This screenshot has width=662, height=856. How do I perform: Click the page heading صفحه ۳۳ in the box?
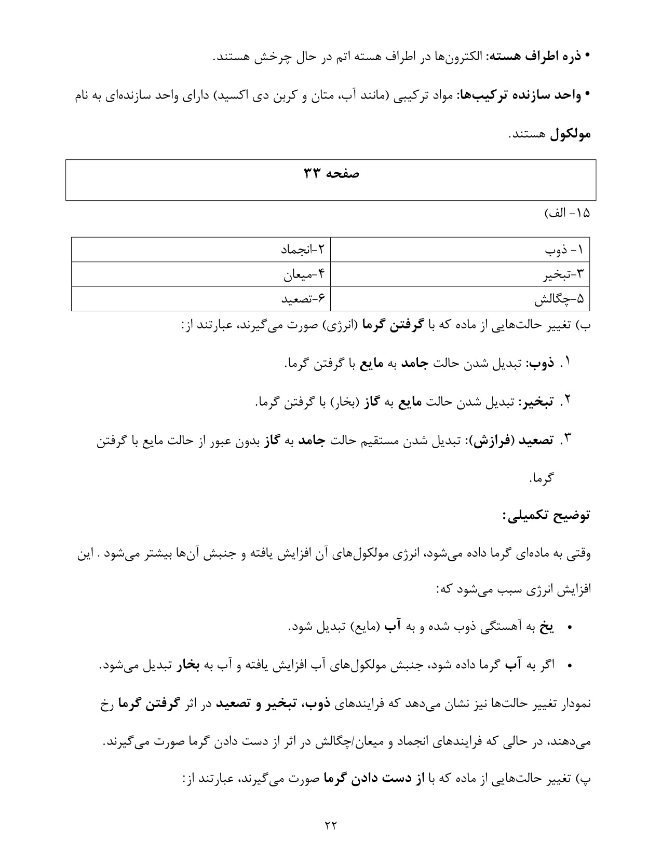(x=331, y=174)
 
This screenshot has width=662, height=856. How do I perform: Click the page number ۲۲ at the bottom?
(x=331, y=825)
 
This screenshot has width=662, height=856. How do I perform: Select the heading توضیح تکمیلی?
(x=546, y=516)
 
